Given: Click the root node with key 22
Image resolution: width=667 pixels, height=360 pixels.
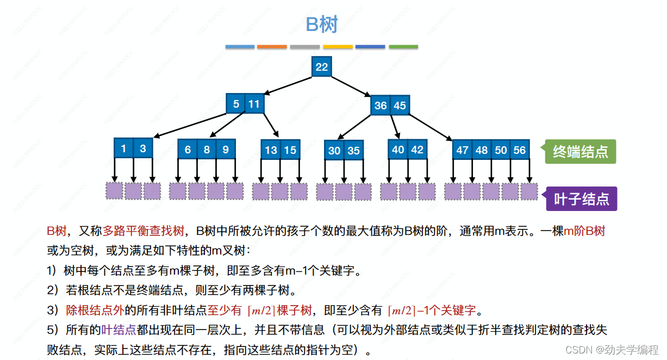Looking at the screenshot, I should tap(321, 66).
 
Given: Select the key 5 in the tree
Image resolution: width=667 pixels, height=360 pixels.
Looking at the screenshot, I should tap(236, 103).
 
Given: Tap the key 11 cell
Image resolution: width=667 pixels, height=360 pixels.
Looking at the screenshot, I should tap(254, 103).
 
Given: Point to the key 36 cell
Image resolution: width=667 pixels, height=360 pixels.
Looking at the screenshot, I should tap(381, 105).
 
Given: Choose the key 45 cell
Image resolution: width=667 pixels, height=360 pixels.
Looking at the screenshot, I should tap(400, 105).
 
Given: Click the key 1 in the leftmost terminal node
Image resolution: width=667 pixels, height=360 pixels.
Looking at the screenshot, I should tap(123, 148).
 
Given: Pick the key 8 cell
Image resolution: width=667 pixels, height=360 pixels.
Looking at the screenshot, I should tap(207, 149).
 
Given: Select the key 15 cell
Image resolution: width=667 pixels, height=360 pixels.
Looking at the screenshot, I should tap(290, 150).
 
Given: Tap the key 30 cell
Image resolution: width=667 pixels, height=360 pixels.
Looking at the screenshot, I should tap(334, 151).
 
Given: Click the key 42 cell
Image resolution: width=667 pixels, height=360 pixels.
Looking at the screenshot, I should tap(417, 149).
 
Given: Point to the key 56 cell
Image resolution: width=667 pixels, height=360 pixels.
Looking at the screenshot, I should tap(520, 150).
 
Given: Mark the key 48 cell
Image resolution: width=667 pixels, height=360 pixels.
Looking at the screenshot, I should tap(482, 150).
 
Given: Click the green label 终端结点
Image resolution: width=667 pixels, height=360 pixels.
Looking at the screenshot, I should tap(580, 151).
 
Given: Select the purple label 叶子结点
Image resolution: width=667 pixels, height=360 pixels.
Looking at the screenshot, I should tap(581, 198).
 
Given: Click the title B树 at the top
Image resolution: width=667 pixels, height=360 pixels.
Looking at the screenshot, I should tap(322, 24).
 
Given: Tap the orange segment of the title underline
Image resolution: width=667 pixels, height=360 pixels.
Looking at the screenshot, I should tap(272, 47).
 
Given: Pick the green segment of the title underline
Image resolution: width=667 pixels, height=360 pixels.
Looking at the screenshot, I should tap(403, 47).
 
